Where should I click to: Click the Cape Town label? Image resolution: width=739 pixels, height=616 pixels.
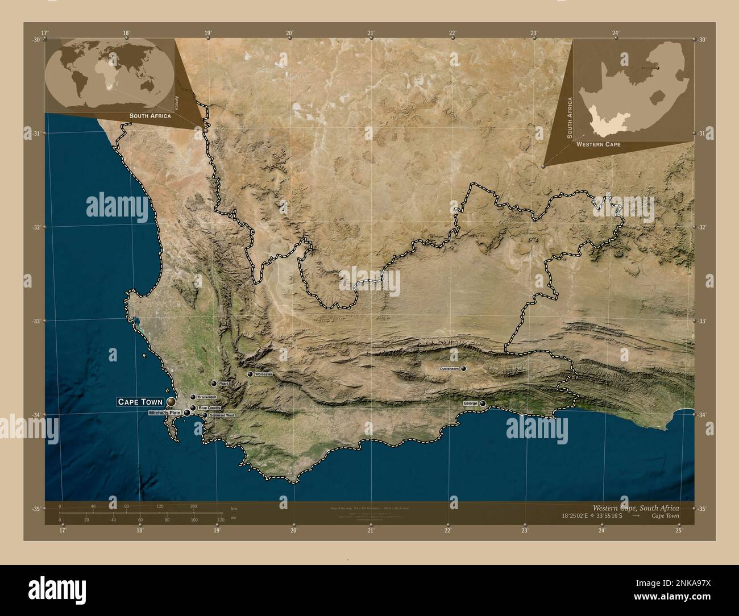(x=140, y=402)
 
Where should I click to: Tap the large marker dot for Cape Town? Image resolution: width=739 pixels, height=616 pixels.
(x=171, y=402)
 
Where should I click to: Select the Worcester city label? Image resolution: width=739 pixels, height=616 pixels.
(x=264, y=374)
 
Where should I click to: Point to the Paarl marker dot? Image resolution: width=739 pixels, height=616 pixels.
(x=214, y=384)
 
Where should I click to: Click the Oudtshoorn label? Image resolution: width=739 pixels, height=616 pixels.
(x=449, y=369)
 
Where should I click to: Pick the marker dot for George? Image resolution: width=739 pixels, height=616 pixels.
(x=483, y=403)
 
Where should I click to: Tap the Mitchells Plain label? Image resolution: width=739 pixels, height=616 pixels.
(x=164, y=413)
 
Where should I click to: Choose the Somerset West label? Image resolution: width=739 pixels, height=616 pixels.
(x=222, y=415)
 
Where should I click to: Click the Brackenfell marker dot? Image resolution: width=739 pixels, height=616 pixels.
(x=193, y=397)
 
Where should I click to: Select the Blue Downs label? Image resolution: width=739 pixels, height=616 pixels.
(x=209, y=408)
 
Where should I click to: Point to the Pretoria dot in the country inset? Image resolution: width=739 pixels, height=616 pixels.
(x=658, y=69)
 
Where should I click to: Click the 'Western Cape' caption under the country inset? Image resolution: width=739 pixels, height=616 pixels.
(x=598, y=145)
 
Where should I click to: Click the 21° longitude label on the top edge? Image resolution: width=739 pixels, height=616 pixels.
(x=371, y=33)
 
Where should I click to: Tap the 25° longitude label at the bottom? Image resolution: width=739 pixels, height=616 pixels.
(x=679, y=531)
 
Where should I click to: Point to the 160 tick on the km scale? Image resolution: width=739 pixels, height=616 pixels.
(x=193, y=506)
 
